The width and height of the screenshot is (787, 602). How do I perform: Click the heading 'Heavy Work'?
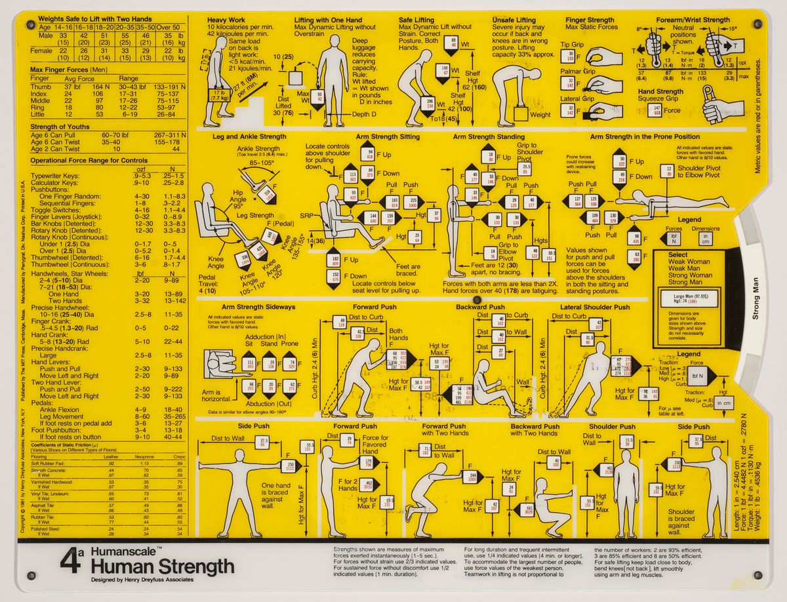tap(227, 20)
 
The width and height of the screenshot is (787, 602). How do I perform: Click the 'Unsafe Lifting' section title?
tap(514, 20)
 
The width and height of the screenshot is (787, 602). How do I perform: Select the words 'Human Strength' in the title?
tap(163, 567)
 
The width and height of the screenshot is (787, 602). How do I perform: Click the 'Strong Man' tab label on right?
tap(756, 306)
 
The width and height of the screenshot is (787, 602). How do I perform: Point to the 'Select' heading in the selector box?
tap(678, 254)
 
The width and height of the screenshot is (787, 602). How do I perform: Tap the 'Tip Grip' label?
tap(572, 45)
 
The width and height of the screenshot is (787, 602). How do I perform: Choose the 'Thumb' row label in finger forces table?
tap(40, 87)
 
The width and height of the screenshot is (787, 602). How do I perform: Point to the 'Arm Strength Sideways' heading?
tap(258, 306)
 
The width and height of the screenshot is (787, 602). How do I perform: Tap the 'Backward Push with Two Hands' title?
tap(534, 430)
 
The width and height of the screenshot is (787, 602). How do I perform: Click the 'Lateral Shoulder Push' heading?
tap(594, 306)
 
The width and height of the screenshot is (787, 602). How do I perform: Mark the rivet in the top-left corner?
tap(30, 25)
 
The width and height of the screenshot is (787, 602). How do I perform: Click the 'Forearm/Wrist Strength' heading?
tap(693, 20)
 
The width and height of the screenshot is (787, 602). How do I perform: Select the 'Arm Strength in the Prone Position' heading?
tap(645, 136)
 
